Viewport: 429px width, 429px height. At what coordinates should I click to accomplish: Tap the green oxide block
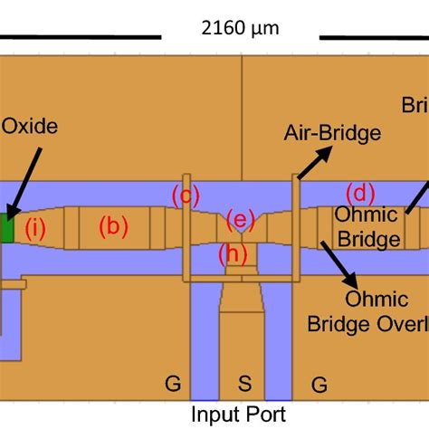click(7, 228)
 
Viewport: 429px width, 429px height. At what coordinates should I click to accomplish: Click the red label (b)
click(112, 226)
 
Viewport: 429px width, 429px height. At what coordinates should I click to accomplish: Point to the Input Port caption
click(240, 415)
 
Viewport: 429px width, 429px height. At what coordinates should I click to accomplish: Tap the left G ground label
click(172, 384)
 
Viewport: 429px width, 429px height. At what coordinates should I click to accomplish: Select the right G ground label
click(318, 384)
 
